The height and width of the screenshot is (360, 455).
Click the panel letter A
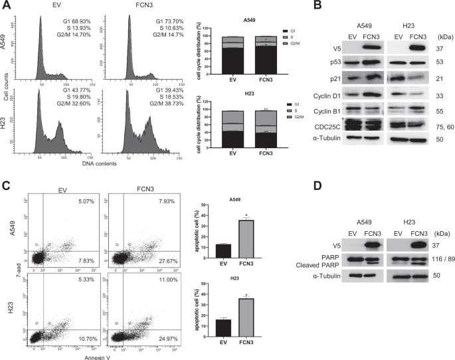6,7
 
